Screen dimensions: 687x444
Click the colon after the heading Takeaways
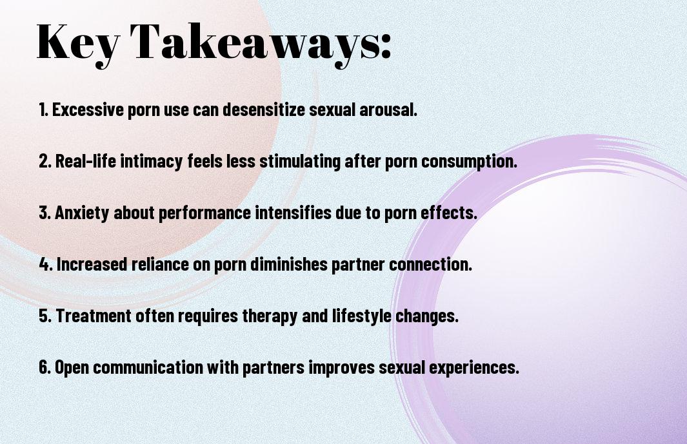[x=386, y=46]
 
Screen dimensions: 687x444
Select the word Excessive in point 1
[x=88, y=110]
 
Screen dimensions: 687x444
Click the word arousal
[x=388, y=110]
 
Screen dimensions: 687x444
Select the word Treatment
[x=94, y=316]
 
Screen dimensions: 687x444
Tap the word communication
[x=148, y=367]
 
